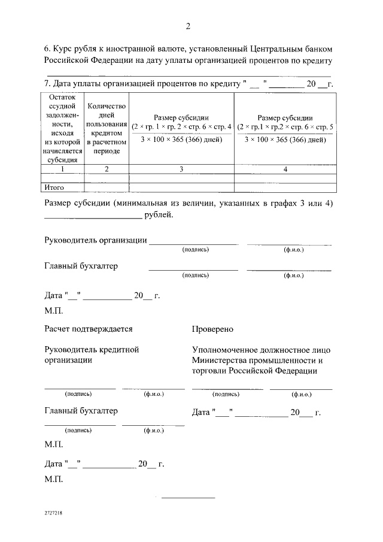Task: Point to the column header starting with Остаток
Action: pos(62,128)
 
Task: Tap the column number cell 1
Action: pos(62,169)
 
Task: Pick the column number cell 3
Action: pos(181,169)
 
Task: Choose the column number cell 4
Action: pos(285,169)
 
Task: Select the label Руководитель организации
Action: pos(96,240)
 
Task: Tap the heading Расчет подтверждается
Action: pos(89,329)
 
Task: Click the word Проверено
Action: pos(212,329)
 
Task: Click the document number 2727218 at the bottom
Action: pos(53,514)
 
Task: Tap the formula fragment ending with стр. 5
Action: pos(285,127)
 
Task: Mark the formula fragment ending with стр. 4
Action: pos(181,127)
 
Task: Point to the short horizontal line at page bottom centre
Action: pos(188,498)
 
